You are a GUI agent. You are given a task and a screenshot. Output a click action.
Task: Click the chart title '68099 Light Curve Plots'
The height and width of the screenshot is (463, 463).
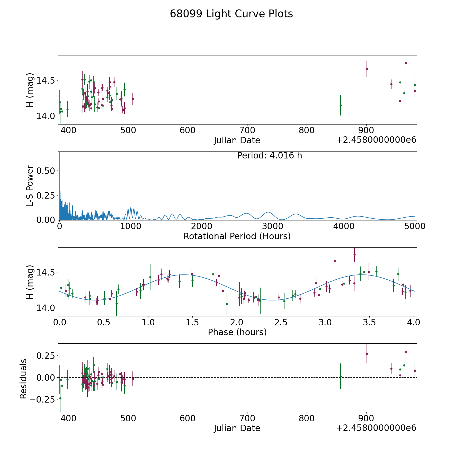coord(231,14)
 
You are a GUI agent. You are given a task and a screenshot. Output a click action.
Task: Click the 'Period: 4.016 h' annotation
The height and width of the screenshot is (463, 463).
coord(270,156)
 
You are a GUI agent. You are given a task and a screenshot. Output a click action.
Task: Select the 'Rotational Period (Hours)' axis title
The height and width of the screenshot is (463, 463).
coord(237,236)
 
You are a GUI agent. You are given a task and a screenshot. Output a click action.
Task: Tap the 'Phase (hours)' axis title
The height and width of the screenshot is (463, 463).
coord(237,332)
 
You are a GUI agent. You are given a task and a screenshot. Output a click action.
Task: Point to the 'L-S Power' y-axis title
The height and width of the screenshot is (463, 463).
coord(30,186)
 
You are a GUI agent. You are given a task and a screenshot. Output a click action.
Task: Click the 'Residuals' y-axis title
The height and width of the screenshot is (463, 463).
coord(23,379)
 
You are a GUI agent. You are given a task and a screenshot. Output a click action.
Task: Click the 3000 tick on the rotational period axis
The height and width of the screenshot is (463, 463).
coord(273,226)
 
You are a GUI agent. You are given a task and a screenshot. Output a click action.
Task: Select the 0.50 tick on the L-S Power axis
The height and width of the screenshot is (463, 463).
coord(46,171)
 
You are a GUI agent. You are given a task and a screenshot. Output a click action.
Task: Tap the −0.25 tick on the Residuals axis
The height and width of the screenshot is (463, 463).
coord(42,399)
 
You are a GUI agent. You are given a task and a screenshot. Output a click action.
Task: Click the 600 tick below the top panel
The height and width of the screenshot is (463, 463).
coord(188,130)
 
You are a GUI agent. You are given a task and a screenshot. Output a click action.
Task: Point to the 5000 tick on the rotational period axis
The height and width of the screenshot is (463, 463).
coord(415,226)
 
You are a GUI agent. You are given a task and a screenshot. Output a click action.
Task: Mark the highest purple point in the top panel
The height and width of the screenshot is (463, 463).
coord(406,63)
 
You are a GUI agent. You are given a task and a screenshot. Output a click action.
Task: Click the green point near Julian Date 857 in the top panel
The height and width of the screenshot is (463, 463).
coord(341,105)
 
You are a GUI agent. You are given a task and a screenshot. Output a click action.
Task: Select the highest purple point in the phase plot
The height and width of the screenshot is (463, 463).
coord(354,255)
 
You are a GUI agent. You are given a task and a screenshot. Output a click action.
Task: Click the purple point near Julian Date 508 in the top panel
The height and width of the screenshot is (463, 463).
coord(133,99)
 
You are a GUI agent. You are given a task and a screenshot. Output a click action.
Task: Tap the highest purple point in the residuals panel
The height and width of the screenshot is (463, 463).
coord(406,352)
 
